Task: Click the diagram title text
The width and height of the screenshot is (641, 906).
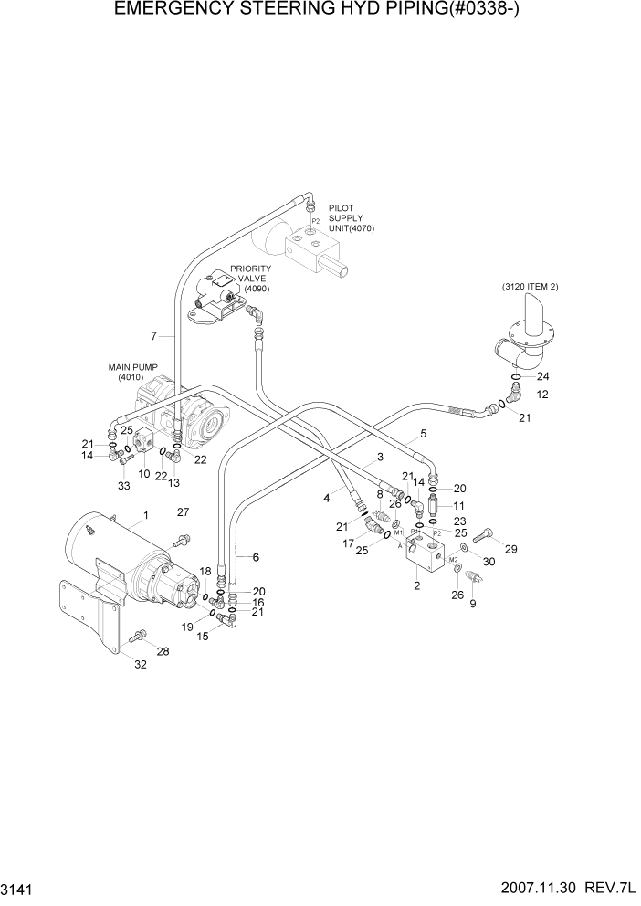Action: (320, 12)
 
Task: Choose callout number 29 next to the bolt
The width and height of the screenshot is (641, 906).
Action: (510, 548)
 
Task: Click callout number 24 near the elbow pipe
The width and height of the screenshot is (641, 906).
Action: (542, 376)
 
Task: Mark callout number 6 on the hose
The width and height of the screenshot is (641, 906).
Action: (256, 556)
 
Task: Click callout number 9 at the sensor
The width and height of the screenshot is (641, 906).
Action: (474, 604)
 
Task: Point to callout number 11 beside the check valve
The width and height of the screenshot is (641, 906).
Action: (459, 505)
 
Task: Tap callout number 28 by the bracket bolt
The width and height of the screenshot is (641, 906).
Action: (163, 651)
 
